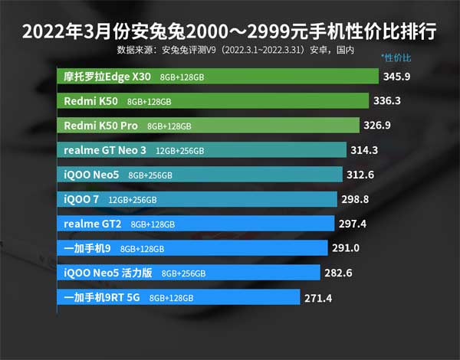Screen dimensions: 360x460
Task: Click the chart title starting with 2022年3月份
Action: coord(229,31)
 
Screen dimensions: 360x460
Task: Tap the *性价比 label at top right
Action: coord(396,58)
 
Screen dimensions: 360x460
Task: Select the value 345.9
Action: coord(401,77)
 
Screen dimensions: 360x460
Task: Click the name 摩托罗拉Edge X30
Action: coord(108,77)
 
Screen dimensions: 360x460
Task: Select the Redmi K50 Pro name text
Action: coord(102,125)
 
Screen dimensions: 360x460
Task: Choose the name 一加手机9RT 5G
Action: coord(103,298)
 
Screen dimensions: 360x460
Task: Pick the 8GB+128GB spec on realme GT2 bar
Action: coord(153,224)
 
